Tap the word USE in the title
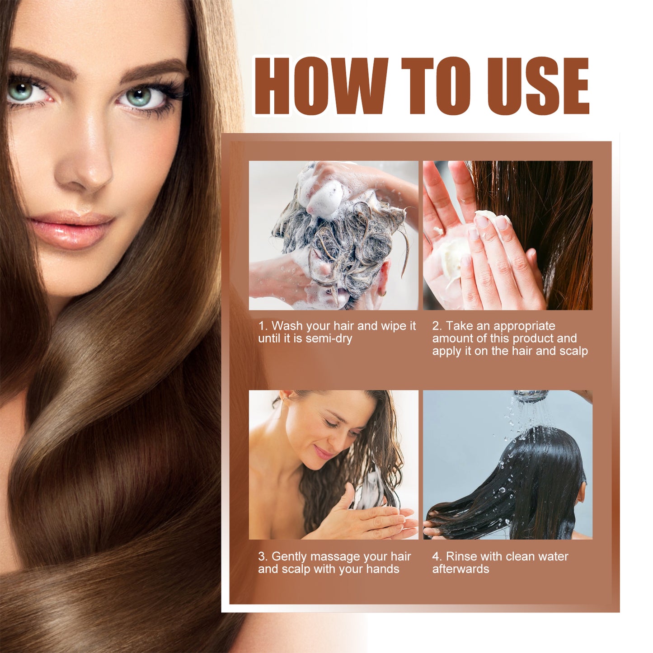click(538, 86)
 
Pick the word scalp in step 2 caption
click(573, 351)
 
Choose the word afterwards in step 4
click(460, 569)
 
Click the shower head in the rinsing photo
click(531, 395)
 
